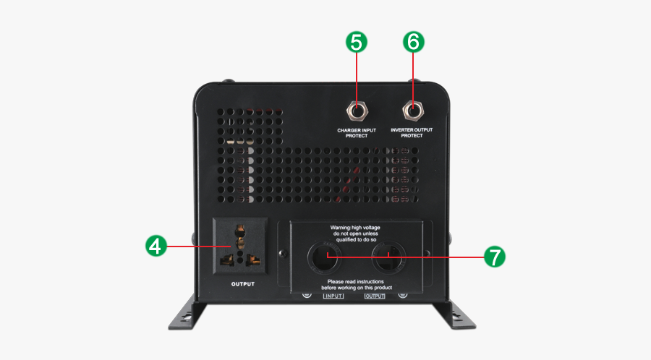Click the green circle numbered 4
[154, 246]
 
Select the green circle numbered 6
[413, 42]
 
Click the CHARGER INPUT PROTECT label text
[357, 132]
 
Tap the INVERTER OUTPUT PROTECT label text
[412, 132]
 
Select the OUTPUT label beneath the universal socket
[243, 284]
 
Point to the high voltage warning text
[355, 233]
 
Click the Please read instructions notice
[355, 284]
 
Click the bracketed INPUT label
[333, 296]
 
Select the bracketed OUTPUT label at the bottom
[375, 296]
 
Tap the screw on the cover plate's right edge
[427, 254]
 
